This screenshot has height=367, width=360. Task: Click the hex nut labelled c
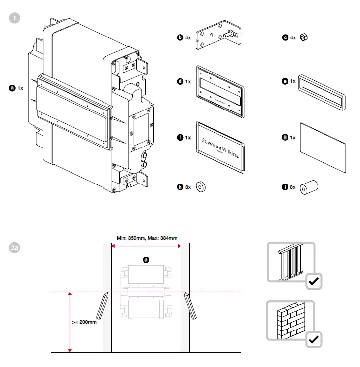[304, 37]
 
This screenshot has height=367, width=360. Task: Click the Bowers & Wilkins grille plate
[220, 147]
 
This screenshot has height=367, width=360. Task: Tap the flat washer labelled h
[201, 187]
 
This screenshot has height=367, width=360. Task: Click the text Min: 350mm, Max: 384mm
[146, 238]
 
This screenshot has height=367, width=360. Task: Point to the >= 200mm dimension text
[84, 322]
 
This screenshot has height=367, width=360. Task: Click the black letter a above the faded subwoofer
[145, 259]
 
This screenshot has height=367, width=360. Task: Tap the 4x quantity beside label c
[292, 37]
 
